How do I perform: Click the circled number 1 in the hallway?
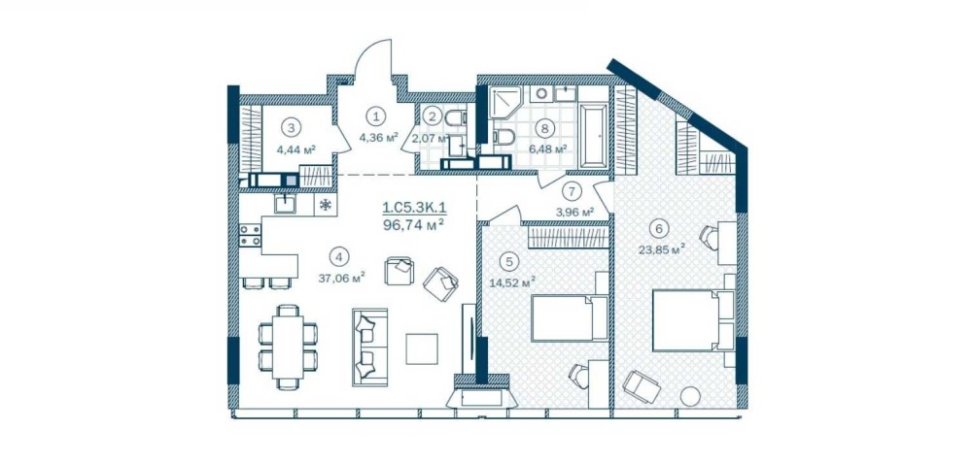[x=374, y=115]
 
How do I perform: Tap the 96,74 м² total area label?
[x=414, y=224]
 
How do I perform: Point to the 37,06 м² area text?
[x=341, y=278]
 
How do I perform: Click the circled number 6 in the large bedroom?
[x=658, y=228]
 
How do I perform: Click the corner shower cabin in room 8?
[x=506, y=103]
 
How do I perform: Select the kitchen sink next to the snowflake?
[x=287, y=204]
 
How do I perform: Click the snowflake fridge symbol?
[x=325, y=205]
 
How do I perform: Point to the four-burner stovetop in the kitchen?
[x=251, y=235]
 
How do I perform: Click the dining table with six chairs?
[x=289, y=347]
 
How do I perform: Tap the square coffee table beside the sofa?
[x=422, y=349]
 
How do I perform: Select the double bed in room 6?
[x=693, y=320]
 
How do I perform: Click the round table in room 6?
[x=690, y=396]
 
